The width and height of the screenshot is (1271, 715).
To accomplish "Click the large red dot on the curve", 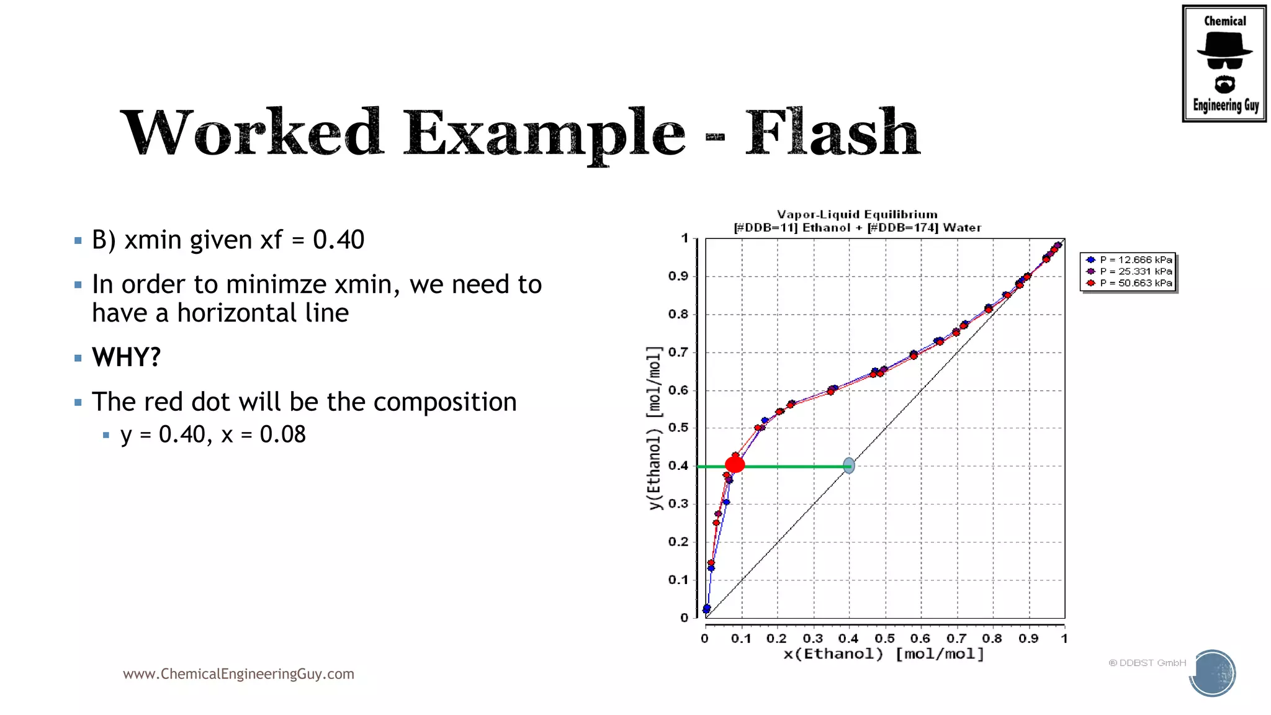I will tap(735, 464).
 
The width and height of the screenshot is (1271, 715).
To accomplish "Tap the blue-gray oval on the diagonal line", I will tap(849, 465).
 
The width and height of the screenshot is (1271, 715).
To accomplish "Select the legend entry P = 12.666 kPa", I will tap(1135, 260).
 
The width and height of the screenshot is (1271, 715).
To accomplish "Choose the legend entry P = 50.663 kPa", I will tap(1135, 283).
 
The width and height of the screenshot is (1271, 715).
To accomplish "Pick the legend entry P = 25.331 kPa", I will tap(1135, 271).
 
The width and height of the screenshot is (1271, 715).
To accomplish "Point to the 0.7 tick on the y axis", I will tap(678, 353).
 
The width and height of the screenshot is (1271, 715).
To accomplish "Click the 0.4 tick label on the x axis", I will tap(848, 639).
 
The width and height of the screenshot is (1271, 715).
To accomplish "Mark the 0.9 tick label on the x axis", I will tap(1028, 639).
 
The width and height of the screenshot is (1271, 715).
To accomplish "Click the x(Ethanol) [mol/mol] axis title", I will tap(884, 654).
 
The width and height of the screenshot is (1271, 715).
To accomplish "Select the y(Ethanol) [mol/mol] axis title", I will tap(654, 428).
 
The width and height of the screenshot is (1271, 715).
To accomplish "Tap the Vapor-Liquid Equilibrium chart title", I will tap(857, 215).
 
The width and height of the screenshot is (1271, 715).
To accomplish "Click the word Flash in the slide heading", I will tap(832, 133).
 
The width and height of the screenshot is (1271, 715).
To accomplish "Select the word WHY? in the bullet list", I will tap(127, 357).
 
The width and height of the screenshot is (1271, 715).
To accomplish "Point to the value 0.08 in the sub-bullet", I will tap(283, 434).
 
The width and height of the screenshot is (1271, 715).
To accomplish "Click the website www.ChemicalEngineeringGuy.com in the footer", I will tap(238, 674).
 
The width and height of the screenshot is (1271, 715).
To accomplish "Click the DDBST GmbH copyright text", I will tap(1147, 663).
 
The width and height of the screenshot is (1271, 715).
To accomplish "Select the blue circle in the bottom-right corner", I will tap(1213, 673).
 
